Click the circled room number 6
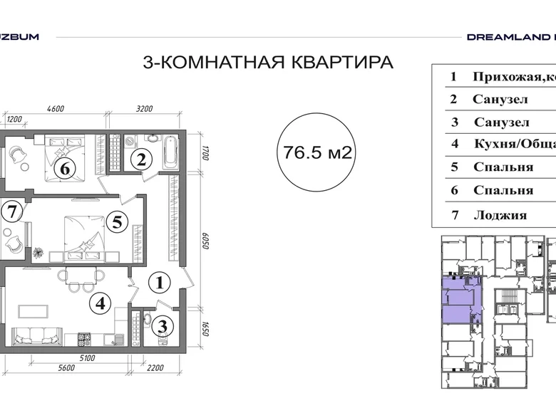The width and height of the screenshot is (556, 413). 65,169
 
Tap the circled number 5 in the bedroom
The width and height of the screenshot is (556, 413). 118,221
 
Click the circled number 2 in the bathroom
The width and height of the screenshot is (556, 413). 142,159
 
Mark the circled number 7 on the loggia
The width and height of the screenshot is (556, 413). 9,210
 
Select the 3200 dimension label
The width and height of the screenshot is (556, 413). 144,109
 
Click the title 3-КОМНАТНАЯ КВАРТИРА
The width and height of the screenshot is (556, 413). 268,63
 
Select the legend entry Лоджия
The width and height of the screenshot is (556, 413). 500,215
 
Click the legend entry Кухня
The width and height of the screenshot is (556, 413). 513,145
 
